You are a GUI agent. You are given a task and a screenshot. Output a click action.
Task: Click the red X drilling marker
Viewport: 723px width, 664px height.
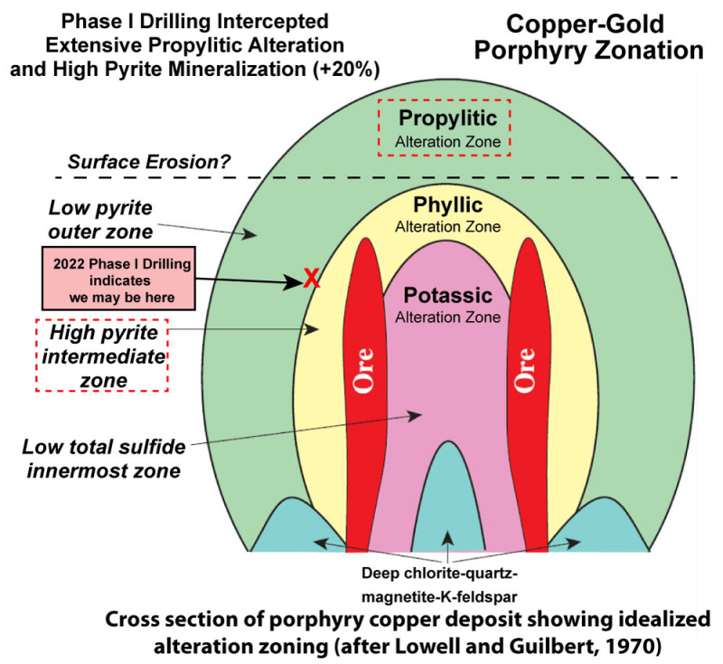tap(311, 280)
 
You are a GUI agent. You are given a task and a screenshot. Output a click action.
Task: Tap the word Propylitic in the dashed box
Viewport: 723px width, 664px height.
tap(448, 118)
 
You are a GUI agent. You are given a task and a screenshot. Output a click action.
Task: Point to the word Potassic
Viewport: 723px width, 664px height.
tap(447, 296)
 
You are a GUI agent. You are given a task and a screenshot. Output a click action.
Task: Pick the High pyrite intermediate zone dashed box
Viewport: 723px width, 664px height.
tap(102, 354)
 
